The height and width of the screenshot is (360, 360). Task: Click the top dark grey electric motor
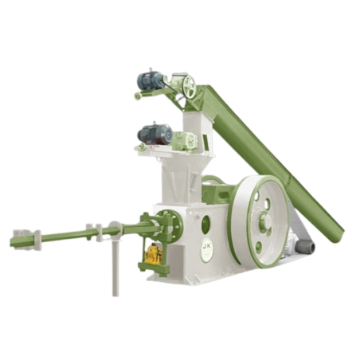coord(151,80)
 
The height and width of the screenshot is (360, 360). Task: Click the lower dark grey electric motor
coord(154,133)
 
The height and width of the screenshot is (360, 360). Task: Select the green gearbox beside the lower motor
coord(185,140)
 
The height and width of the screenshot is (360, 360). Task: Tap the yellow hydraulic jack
coord(154,253)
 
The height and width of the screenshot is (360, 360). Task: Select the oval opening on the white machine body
coord(207,217)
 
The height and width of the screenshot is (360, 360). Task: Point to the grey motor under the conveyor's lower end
coord(303,246)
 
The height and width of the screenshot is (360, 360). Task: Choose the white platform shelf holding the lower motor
coord(163,150)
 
